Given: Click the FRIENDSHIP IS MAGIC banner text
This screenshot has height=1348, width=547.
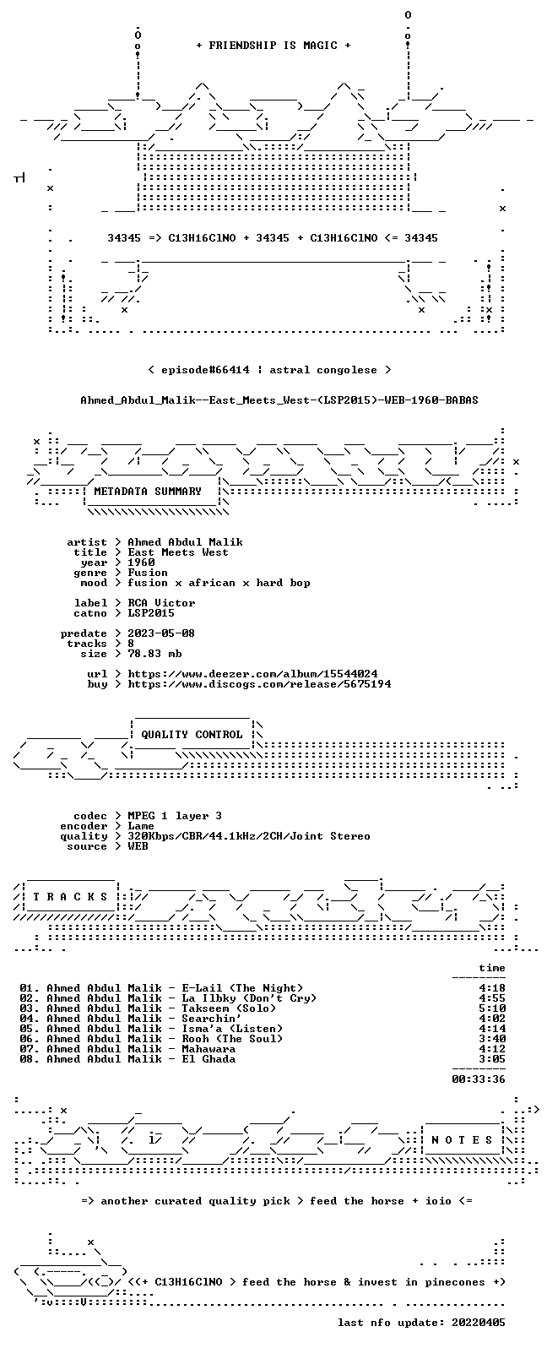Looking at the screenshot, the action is click(x=273, y=46).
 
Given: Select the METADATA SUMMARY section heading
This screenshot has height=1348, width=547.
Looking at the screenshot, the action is click(x=148, y=492).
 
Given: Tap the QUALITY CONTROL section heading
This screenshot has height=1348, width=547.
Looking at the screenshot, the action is click(x=192, y=735).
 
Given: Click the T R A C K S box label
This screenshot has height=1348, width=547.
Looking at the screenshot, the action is click(x=70, y=897).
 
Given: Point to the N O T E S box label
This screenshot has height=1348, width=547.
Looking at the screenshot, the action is click(x=462, y=1139).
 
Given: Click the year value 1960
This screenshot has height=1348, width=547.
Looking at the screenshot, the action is click(x=141, y=563).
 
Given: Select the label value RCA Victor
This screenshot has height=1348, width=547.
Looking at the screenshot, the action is click(x=161, y=603).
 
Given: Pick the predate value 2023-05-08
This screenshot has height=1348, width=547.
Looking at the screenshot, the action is click(x=161, y=633).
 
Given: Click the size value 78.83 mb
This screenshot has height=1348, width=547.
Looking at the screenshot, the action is click(x=154, y=654).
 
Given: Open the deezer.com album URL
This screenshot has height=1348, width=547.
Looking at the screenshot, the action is click(x=252, y=674).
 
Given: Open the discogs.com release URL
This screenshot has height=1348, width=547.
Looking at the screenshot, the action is click(x=259, y=684).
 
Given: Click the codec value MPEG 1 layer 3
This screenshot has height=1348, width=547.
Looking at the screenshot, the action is click(x=175, y=816).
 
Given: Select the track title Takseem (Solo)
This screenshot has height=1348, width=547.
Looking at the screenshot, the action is click(x=229, y=1008).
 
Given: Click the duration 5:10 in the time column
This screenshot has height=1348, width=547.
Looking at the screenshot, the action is click(x=492, y=1008).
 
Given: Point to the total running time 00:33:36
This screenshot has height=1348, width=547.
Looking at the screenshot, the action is click(x=479, y=1079).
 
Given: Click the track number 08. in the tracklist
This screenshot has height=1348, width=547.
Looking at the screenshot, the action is click(x=30, y=1059).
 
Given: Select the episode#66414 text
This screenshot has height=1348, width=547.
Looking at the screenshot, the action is click(x=205, y=370).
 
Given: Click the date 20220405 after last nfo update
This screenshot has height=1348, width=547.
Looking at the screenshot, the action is click(x=479, y=1323).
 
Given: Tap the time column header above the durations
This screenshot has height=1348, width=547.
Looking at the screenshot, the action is click(x=492, y=968).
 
